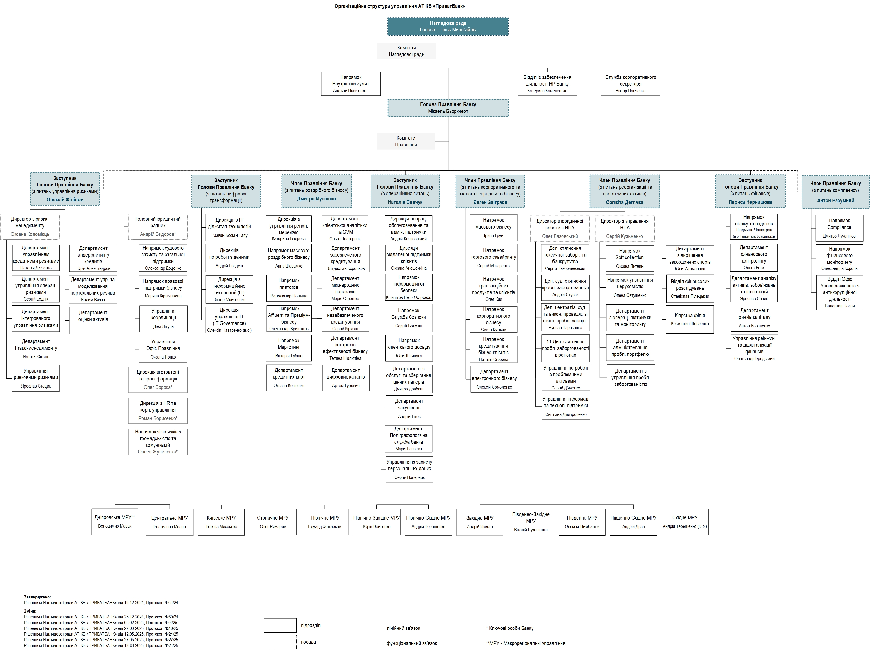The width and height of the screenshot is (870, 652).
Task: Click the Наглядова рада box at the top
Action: point(448,26)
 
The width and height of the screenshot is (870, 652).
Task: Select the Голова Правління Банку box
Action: point(448,108)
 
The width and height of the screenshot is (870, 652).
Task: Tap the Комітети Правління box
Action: point(406,141)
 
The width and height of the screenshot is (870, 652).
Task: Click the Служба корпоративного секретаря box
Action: point(631,84)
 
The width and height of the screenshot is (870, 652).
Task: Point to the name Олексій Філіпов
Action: point(65,199)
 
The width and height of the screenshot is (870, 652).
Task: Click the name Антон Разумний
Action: point(835,200)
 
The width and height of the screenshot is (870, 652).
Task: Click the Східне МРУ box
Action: point(685,522)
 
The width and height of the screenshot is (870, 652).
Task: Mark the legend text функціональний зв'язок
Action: point(412,643)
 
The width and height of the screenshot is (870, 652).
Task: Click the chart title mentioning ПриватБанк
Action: point(400,6)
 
